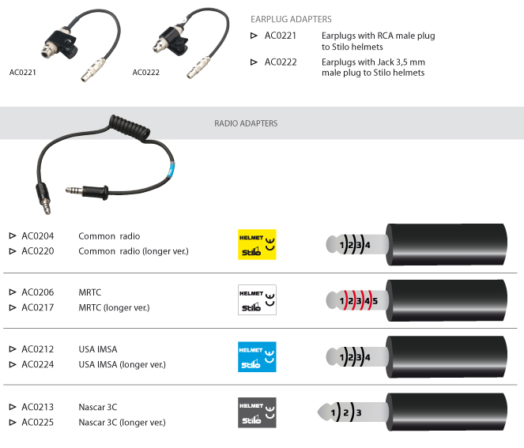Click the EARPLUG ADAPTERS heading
coord(291,19)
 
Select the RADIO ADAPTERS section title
coord(246,123)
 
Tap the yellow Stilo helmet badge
coord(257,245)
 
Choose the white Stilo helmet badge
coord(257,299)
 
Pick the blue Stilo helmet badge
coord(257,357)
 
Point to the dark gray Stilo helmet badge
coord(257,412)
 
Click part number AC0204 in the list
coord(38,236)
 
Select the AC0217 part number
coord(38,307)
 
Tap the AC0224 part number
coord(38,364)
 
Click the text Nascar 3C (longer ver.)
coord(123,423)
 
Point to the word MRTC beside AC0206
coord(90,292)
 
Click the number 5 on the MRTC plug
coord(375,301)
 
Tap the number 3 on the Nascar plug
coord(359,413)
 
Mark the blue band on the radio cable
coord(172,169)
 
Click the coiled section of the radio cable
coord(130,128)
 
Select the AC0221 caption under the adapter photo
coord(23,73)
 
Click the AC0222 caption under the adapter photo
coord(146,73)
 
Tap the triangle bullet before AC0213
coord(13,407)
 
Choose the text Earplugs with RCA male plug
coord(379,36)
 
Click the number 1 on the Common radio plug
coord(341,245)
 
